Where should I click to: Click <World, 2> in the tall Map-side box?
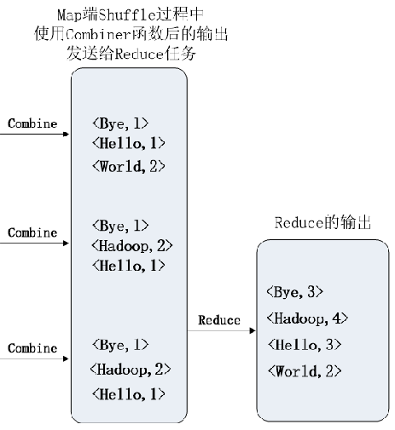(x=126, y=165)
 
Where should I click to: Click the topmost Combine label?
(x=32, y=123)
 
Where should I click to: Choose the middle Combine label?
(x=32, y=232)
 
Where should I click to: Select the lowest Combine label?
(x=32, y=347)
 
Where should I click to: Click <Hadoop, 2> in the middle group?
(x=132, y=245)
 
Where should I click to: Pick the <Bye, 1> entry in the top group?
(x=120, y=124)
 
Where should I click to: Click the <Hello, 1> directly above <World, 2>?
(x=128, y=144)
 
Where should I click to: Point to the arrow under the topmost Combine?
(x=34, y=134)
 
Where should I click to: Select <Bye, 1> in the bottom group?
(x=120, y=344)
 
